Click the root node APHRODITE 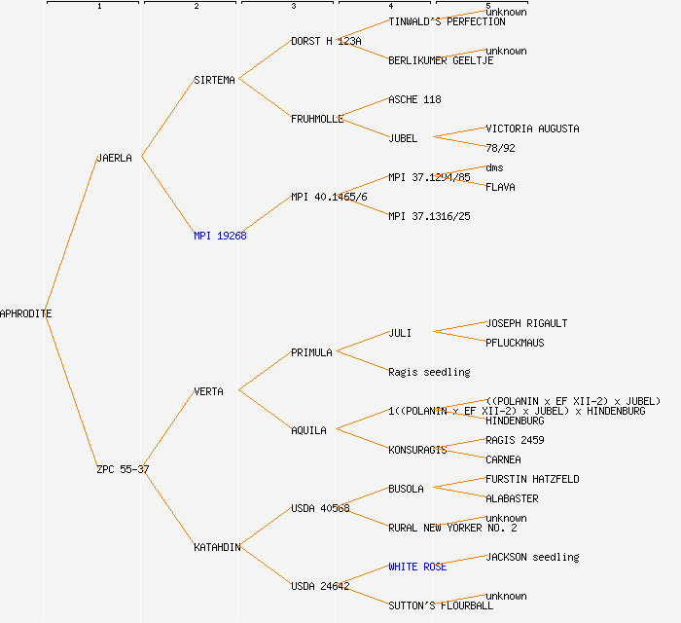(x=26, y=313)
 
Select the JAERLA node (x=114, y=158)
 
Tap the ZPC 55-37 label (x=123, y=469)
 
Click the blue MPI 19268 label (x=220, y=236)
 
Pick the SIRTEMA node (x=214, y=80)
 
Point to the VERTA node (x=208, y=391)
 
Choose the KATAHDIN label (x=217, y=547)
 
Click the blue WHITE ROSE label (x=417, y=567)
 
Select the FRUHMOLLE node (x=317, y=119)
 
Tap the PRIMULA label (x=311, y=352)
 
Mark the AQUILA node (x=308, y=430)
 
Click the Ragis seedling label (x=429, y=372)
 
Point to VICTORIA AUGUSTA (x=532, y=128)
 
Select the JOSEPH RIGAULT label (x=526, y=323)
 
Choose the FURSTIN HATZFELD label (x=532, y=479)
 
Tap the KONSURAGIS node (x=417, y=450)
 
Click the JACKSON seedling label (x=532, y=557)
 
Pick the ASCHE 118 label (x=414, y=99)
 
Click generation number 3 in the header (x=293, y=7)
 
